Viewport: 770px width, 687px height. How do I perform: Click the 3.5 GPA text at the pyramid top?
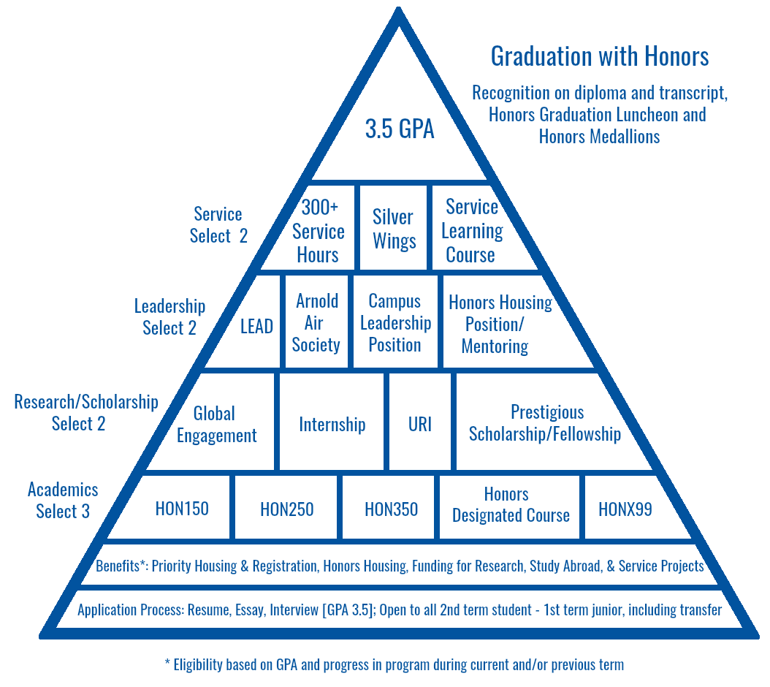pyautogui.click(x=400, y=129)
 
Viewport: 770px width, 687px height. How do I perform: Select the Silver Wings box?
pyautogui.click(x=393, y=227)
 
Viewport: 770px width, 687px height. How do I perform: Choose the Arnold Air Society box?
pyautogui.click(x=316, y=322)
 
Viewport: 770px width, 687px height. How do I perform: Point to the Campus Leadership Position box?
pyautogui.click(x=395, y=322)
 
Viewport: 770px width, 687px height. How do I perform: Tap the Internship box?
pyautogui.click(x=332, y=422)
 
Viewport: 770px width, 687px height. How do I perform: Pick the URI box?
pyautogui.click(x=420, y=422)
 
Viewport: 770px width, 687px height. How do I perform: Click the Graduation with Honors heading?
pyautogui.click(x=600, y=56)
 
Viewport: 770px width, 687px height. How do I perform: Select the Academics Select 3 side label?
pyautogui.click(x=63, y=500)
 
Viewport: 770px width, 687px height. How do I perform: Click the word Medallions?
pyautogui.click(x=625, y=136)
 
